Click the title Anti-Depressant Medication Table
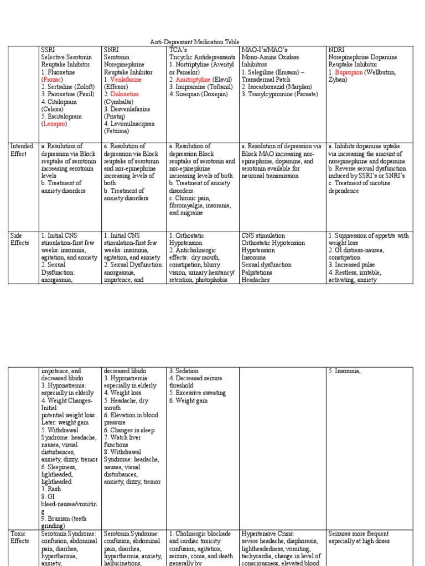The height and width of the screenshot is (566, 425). click(212, 42)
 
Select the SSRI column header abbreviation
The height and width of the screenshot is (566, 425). click(48, 50)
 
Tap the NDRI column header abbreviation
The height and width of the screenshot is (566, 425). click(336, 50)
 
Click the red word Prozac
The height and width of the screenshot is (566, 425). click(53, 80)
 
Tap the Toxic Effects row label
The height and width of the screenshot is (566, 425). click(20, 537)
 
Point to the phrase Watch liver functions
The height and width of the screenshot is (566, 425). click(127, 441)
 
